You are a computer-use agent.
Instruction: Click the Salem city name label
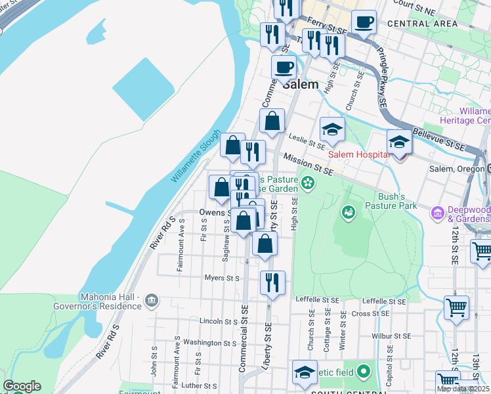pos(301,85)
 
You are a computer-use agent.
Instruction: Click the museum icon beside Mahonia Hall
pos(152,301)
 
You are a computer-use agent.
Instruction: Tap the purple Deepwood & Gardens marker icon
pos(437,213)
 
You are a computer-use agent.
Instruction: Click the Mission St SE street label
pos(309,164)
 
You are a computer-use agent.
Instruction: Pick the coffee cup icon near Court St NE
pos(363,22)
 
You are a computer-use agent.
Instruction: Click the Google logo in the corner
pos(22,386)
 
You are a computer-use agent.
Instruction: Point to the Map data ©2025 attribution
pos(463,389)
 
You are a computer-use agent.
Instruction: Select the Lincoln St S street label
pos(219,322)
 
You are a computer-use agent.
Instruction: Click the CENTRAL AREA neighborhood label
pos(422,24)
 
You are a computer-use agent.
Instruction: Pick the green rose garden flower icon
pos(306,181)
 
